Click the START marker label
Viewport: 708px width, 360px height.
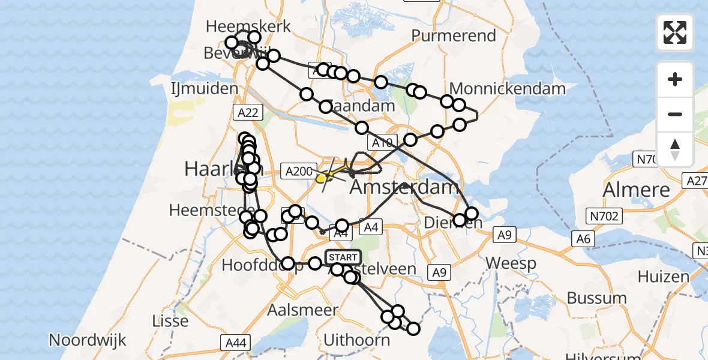[343, 257]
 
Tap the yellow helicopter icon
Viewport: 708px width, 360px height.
[322, 177]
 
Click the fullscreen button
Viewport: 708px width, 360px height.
[675, 32]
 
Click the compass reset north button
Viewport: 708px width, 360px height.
[675, 149]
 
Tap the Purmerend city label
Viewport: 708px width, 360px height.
[454, 35]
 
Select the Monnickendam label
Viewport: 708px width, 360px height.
[507, 89]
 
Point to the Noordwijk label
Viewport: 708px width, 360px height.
[88, 340]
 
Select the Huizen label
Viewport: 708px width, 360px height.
[664, 277]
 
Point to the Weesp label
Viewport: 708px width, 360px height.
[506, 262]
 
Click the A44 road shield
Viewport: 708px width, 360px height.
[235, 343]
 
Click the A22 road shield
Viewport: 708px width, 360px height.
[247, 112]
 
